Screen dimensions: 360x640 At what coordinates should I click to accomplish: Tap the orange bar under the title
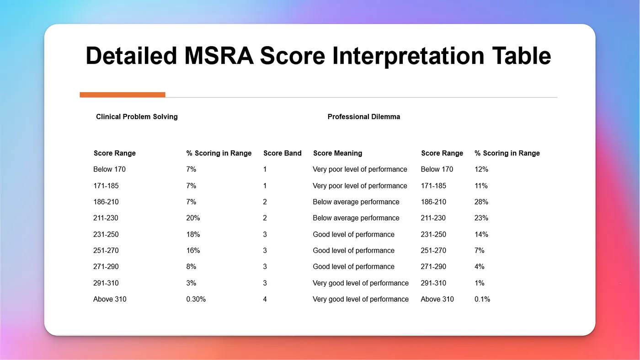click(x=122, y=95)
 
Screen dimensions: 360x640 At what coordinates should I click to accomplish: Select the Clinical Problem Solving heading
click(x=137, y=117)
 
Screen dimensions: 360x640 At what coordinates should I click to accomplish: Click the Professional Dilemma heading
click(x=363, y=117)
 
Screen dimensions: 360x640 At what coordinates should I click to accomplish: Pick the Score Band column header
click(x=282, y=153)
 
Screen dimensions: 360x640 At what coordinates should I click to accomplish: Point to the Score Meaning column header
click(x=337, y=153)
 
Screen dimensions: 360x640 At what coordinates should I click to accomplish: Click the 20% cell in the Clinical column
click(x=193, y=218)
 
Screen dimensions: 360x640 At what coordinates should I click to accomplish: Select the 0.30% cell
click(x=196, y=299)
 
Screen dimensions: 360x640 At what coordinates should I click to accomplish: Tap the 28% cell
click(x=481, y=202)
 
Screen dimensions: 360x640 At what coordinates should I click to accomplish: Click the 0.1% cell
click(x=482, y=299)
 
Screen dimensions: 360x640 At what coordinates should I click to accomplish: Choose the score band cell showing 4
click(x=265, y=299)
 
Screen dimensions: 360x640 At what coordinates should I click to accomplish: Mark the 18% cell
click(x=193, y=234)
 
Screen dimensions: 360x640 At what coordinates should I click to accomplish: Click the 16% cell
click(x=193, y=251)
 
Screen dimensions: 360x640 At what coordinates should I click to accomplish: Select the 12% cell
click(x=481, y=169)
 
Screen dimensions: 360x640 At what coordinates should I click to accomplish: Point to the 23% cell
click(x=481, y=218)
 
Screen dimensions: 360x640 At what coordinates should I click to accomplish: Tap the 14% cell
click(x=481, y=234)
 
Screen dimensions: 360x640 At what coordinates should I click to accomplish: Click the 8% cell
click(x=191, y=267)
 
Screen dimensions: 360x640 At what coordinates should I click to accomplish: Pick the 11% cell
click(x=481, y=186)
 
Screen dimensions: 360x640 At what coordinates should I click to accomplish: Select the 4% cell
click(x=480, y=267)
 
